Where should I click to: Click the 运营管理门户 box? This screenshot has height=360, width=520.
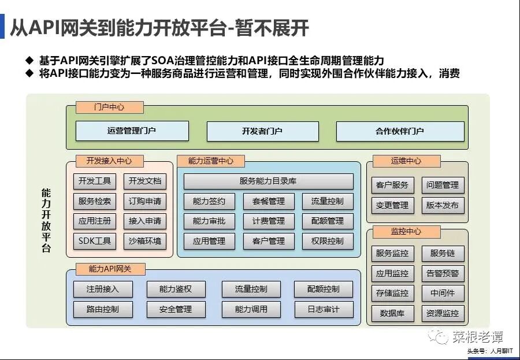(x=131, y=131)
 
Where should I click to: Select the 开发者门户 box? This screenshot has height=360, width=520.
(x=262, y=131)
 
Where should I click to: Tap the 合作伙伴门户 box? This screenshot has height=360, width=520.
(x=400, y=131)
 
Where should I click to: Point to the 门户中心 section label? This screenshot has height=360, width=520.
(x=109, y=107)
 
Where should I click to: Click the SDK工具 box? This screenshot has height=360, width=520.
(x=95, y=241)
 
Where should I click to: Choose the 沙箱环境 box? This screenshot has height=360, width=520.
(x=144, y=241)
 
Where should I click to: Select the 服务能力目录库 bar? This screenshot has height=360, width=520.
(x=268, y=181)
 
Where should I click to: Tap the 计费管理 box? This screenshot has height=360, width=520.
(x=268, y=221)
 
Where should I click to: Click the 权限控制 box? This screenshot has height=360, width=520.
(x=327, y=241)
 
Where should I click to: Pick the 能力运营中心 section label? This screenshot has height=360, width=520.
(x=211, y=161)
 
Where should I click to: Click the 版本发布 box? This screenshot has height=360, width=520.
(x=443, y=205)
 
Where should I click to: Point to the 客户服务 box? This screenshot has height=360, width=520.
(x=392, y=185)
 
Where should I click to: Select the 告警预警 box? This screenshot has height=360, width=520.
(x=443, y=273)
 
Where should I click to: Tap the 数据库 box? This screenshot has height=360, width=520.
(x=392, y=313)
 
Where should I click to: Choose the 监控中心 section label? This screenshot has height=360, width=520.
(x=406, y=231)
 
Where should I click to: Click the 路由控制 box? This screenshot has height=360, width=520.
(x=103, y=309)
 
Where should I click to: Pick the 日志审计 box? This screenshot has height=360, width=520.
(x=324, y=309)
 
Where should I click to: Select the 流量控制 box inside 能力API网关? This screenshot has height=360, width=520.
(x=251, y=289)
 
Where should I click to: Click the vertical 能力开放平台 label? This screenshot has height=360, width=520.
(x=46, y=220)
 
